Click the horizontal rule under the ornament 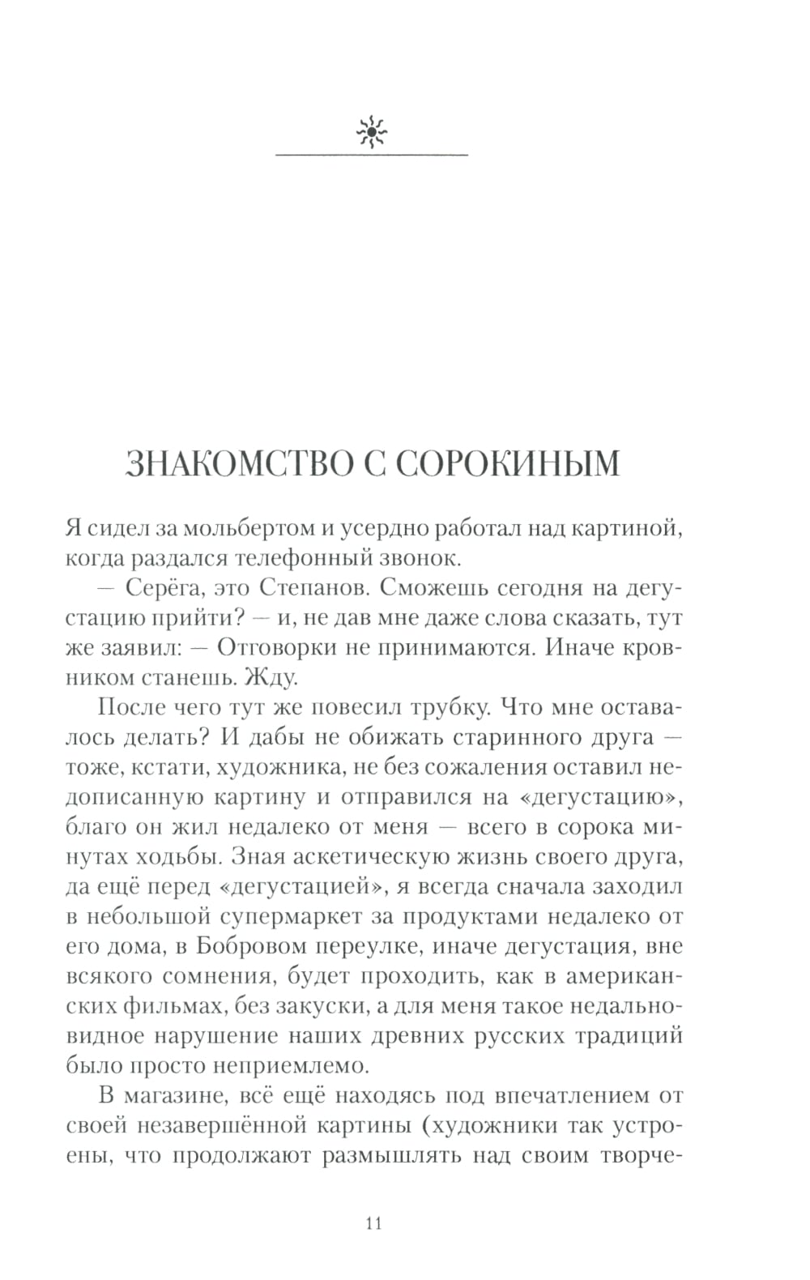[372, 154]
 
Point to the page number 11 [373, 1222]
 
